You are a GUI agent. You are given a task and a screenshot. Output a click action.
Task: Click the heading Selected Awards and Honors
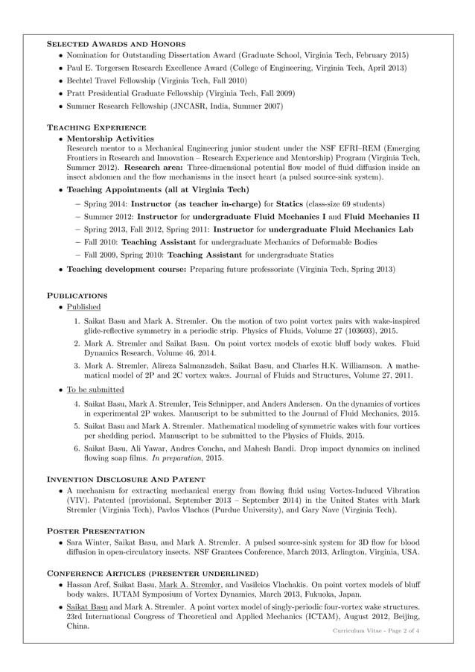116,44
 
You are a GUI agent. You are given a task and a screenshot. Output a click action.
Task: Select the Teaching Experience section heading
96,127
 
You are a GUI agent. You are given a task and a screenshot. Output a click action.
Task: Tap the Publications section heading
77,294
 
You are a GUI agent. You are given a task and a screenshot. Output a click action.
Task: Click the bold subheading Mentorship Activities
110,139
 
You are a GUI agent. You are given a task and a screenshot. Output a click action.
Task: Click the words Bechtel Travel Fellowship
112,80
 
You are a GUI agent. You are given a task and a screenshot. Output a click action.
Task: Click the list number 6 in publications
77,447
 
